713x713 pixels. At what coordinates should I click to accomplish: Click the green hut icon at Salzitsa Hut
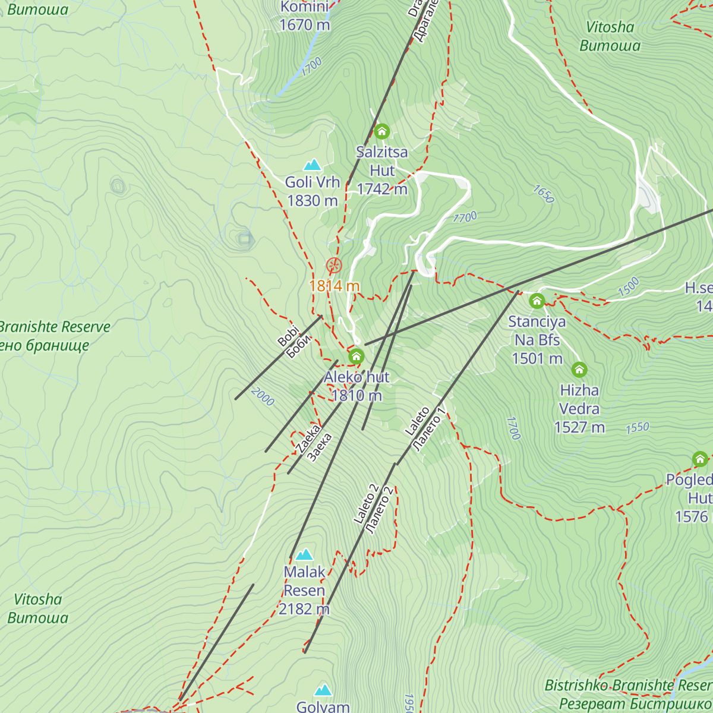[381, 131]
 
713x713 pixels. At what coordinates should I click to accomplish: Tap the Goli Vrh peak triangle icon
[312, 165]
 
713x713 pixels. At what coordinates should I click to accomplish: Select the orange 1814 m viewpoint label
[334, 286]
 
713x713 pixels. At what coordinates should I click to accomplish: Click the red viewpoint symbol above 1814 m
[334, 265]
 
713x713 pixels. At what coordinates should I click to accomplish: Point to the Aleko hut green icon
[356, 356]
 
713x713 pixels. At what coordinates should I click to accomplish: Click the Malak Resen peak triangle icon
[304, 554]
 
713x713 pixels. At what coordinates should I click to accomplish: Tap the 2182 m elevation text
[304, 609]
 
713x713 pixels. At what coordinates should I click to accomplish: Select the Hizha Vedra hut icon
[579, 370]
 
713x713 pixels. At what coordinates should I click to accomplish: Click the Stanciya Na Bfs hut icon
[537, 301]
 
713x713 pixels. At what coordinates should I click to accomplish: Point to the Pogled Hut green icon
[700, 459]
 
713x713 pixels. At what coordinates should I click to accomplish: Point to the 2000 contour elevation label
[263, 397]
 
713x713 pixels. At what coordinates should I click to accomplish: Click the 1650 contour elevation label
[543, 194]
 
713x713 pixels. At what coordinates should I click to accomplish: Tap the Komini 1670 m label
[304, 16]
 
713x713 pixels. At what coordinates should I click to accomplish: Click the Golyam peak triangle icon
[323, 690]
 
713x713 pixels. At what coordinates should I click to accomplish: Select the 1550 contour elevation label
[637, 427]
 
